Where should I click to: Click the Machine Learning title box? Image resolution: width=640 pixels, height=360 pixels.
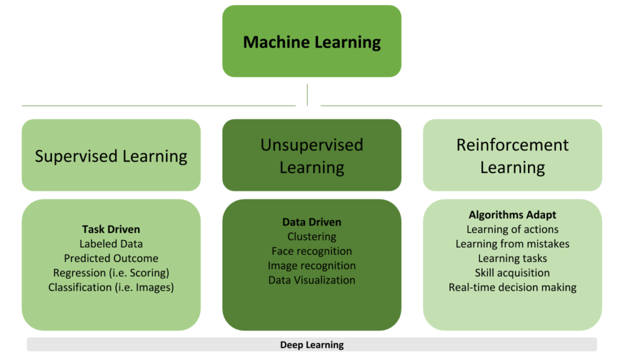click(x=311, y=42)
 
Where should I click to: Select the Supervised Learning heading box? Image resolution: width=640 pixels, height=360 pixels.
click(x=111, y=156)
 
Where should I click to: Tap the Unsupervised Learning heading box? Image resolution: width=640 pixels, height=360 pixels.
click(x=311, y=156)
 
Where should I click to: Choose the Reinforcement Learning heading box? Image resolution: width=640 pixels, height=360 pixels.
click(x=512, y=156)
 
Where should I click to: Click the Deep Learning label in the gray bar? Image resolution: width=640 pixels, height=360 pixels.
click(x=311, y=344)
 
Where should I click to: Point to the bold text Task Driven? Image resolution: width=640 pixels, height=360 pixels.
click(x=111, y=229)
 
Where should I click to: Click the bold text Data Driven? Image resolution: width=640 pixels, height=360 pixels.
click(x=311, y=222)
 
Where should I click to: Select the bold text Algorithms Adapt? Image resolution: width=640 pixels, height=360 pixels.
click(x=512, y=215)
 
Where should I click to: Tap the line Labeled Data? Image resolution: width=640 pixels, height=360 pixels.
click(x=111, y=244)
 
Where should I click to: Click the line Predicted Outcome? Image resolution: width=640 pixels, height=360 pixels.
click(x=111, y=258)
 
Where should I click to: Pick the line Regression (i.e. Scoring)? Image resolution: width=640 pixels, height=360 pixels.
click(x=111, y=272)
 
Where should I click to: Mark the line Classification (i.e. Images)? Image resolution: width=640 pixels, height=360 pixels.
click(x=111, y=287)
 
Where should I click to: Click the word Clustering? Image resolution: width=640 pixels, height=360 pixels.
click(x=311, y=236)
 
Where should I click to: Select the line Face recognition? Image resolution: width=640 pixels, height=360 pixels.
click(x=311, y=251)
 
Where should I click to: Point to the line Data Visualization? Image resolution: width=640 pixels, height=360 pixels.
click(x=311, y=280)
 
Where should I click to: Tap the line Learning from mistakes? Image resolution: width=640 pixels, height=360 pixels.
click(x=512, y=244)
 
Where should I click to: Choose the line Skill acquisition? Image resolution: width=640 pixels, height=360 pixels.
click(x=512, y=272)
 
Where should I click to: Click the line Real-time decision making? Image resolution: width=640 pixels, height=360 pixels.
click(x=512, y=287)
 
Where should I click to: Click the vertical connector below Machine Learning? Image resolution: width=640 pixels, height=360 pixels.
click(x=307, y=94)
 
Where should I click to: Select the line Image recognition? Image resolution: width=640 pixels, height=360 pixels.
click(x=311, y=266)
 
